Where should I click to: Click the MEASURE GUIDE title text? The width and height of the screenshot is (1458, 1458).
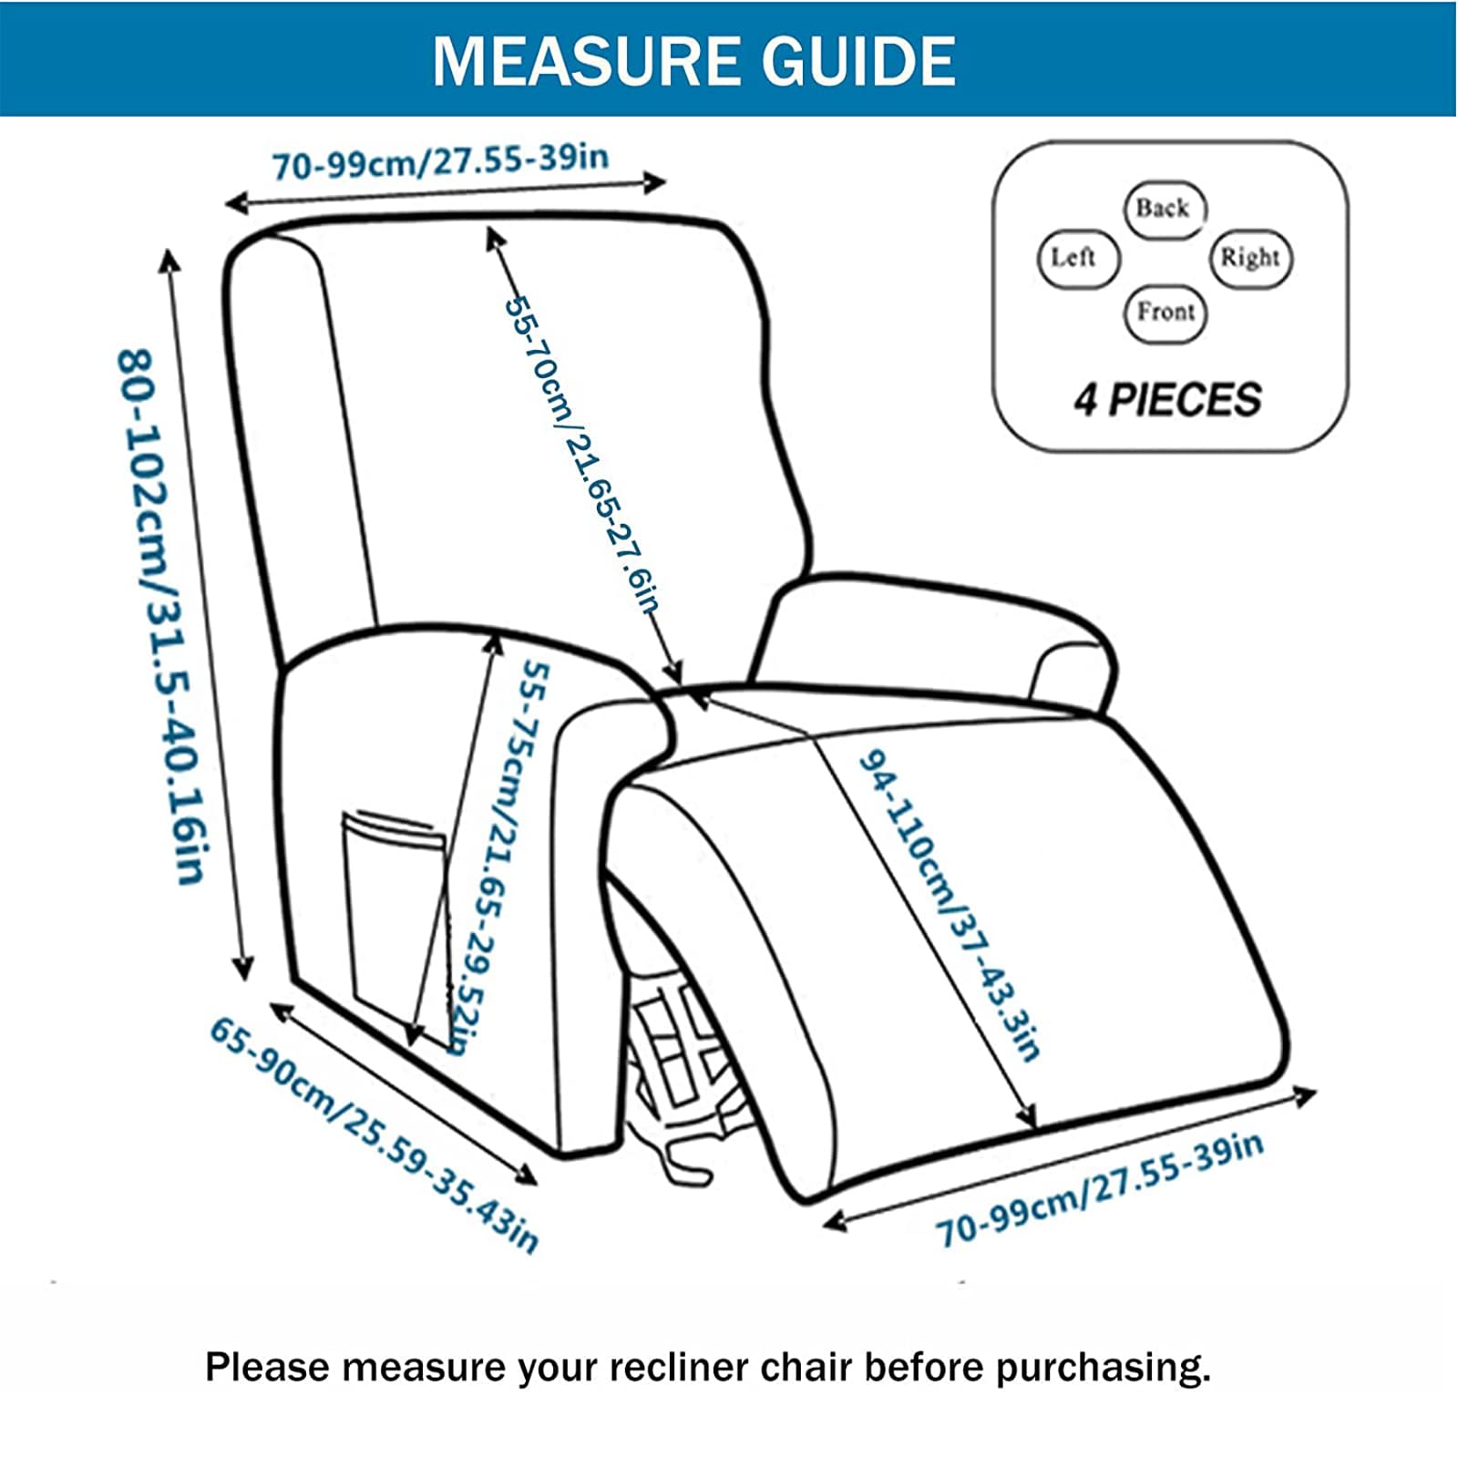point(694,60)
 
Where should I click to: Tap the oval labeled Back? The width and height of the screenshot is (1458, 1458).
point(1163,210)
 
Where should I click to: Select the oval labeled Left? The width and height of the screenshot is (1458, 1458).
point(1075,258)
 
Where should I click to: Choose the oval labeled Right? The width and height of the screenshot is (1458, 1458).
point(1250,258)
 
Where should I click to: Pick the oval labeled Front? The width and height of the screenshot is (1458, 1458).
point(1165,313)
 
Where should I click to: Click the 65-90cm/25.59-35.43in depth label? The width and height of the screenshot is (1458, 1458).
point(374,1135)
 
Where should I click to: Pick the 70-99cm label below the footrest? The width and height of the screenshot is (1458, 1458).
point(1098,1189)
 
